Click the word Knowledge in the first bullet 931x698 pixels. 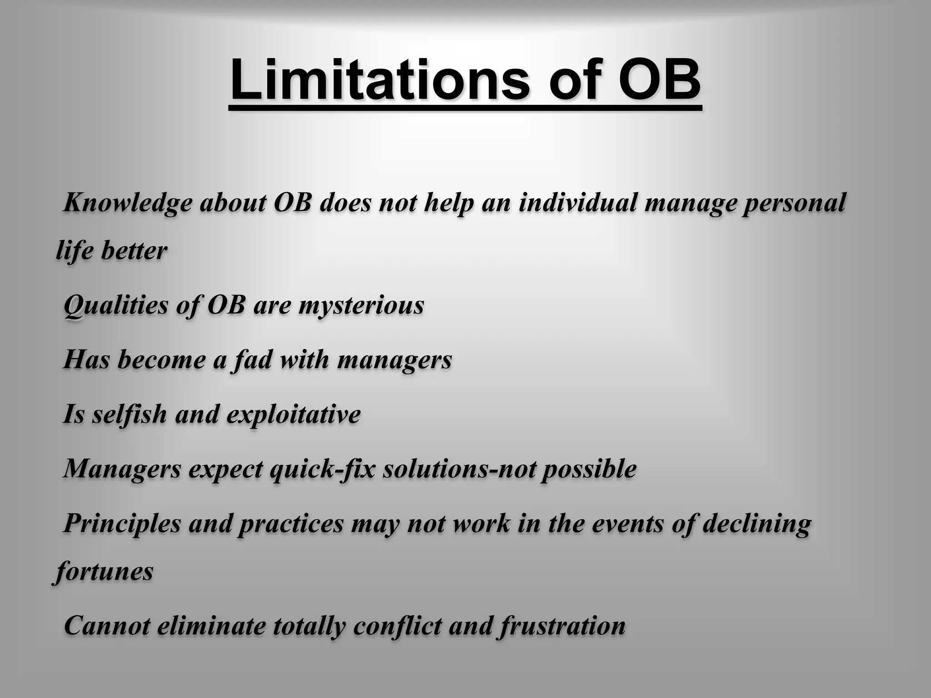pyautogui.click(x=128, y=203)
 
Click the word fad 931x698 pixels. pyautogui.click(x=250, y=360)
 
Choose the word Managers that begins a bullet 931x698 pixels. pyautogui.click(x=122, y=469)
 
